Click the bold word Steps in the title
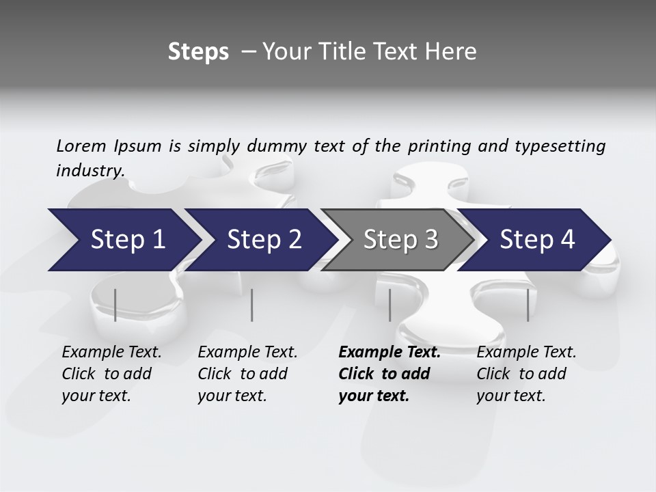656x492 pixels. coord(198,52)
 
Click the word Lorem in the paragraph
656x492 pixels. coord(81,146)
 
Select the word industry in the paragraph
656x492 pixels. coord(90,170)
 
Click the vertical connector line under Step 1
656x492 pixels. coord(115,305)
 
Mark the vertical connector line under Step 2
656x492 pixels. coord(252,305)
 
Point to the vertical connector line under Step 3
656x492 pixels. coord(389,305)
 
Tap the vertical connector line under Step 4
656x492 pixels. coord(528,305)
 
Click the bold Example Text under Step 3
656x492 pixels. coord(389,353)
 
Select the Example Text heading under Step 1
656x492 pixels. coord(111,353)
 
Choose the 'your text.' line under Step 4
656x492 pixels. coord(510,396)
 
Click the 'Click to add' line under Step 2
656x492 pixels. coord(243,374)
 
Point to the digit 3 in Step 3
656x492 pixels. coord(430,240)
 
